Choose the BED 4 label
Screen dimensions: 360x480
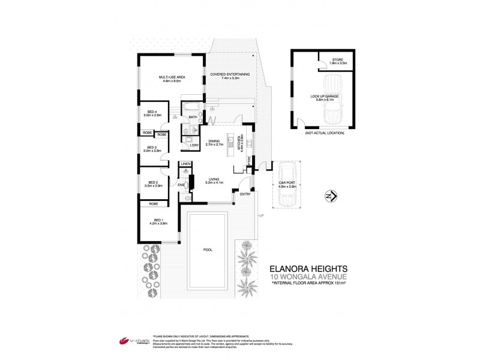click(152, 113)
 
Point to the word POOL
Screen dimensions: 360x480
click(208, 249)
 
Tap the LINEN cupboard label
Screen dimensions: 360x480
click(186, 164)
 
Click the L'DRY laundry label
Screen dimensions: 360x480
click(194, 146)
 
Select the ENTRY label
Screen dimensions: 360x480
click(245, 194)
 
